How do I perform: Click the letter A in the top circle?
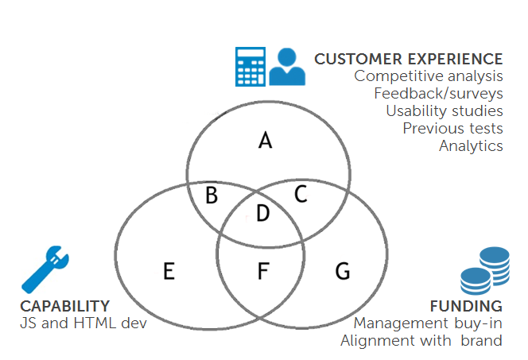(x=266, y=141)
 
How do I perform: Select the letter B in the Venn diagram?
(x=212, y=195)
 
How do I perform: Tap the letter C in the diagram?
(x=301, y=194)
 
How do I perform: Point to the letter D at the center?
(x=262, y=213)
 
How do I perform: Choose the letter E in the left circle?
(x=169, y=272)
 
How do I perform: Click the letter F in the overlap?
(x=263, y=271)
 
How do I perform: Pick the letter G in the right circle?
(x=343, y=271)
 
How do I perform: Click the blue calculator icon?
(x=250, y=66)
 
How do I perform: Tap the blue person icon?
(x=287, y=67)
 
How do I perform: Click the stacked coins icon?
(x=484, y=271)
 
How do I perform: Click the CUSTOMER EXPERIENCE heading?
(x=408, y=59)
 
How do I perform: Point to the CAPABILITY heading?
(x=64, y=306)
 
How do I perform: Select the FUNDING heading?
(x=466, y=306)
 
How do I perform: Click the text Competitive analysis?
(x=429, y=76)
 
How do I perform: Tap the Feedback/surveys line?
(x=438, y=94)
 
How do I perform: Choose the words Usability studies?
(x=444, y=111)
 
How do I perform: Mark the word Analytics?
(x=471, y=145)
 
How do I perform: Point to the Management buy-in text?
(x=428, y=323)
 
